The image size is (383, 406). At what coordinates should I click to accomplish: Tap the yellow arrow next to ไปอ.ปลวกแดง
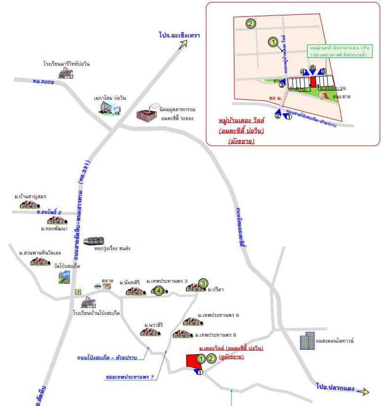click(x=363, y=391)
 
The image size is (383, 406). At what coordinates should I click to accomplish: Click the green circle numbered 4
click(x=159, y=291)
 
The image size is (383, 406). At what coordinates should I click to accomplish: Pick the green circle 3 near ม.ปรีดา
click(x=203, y=283)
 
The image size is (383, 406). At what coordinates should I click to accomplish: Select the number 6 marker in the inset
click(x=312, y=68)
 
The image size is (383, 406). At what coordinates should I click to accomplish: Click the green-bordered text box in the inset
click(x=338, y=51)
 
